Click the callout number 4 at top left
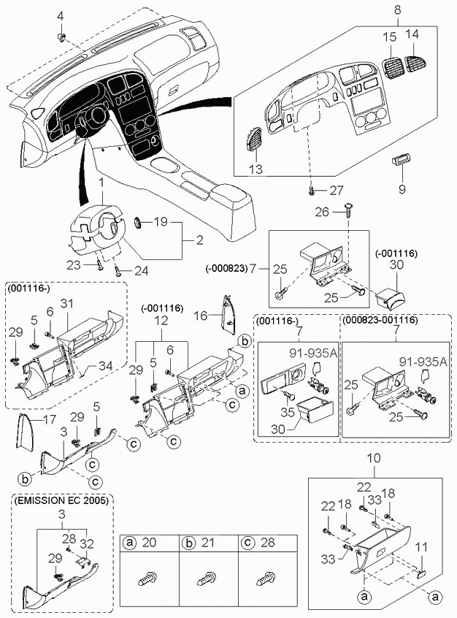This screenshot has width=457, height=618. coord(60,16)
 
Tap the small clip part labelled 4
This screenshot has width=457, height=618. coord(61,37)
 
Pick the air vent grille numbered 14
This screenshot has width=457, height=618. coord(415,62)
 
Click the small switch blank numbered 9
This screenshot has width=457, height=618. coord(401,161)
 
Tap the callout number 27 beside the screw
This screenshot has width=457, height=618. coord(337,191)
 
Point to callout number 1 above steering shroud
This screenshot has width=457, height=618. coord(101,183)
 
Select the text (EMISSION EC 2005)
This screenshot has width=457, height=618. coord(61,500)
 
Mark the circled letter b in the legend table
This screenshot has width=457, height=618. coord(188,543)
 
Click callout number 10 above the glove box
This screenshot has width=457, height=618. coord(374,458)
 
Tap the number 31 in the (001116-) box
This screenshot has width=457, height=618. coord(67,303)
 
